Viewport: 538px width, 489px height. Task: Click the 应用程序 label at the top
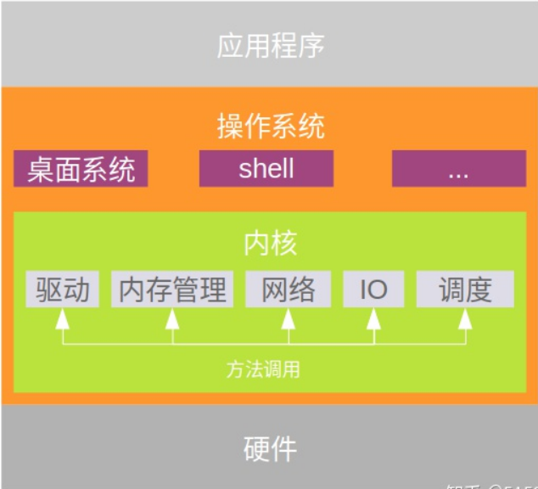click(x=270, y=45)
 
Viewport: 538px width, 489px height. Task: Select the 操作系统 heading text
click(x=270, y=127)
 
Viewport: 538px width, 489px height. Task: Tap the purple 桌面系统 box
click(x=81, y=169)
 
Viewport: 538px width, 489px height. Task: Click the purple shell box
click(x=266, y=169)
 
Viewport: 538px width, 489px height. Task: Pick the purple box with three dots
click(x=458, y=169)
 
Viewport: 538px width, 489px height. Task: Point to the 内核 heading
click(x=270, y=244)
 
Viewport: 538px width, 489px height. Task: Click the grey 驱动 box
click(x=63, y=289)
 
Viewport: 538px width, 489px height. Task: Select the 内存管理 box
click(x=173, y=289)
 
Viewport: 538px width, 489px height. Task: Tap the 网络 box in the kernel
click(x=288, y=289)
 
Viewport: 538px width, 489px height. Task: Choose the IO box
click(x=373, y=289)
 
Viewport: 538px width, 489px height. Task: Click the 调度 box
click(x=465, y=289)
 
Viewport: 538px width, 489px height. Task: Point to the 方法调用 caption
click(x=263, y=369)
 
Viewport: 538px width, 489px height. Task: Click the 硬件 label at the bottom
click(x=270, y=447)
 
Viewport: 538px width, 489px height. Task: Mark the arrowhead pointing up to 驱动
click(x=62, y=318)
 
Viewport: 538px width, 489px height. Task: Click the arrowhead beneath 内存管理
click(x=173, y=318)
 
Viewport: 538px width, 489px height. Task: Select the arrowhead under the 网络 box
click(x=288, y=318)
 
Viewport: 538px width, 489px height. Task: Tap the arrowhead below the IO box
click(x=373, y=318)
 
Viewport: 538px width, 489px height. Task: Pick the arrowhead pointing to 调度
click(x=465, y=318)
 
